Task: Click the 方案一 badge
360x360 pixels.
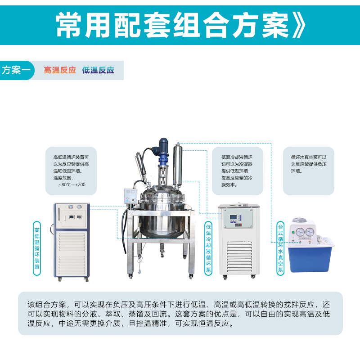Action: click(x=17, y=70)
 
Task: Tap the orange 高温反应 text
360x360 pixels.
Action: click(x=60, y=70)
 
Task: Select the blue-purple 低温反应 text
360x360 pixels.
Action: click(x=98, y=70)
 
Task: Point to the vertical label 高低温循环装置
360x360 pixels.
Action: click(x=37, y=248)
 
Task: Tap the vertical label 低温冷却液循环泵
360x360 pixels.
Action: click(x=208, y=248)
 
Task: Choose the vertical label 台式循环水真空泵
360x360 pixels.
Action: click(x=280, y=248)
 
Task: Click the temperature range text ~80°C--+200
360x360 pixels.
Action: click(x=72, y=184)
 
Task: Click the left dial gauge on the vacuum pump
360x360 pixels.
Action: click(x=300, y=232)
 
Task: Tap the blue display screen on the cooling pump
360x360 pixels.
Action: click(x=233, y=217)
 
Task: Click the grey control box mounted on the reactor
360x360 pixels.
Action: click(x=130, y=196)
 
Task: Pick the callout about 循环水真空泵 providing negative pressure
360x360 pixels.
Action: click(x=309, y=171)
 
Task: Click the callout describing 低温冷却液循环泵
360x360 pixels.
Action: click(x=238, y=171)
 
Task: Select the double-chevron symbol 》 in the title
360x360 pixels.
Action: click(x=299, y=25)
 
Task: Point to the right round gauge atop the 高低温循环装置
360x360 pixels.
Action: click(x=79, y=207)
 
